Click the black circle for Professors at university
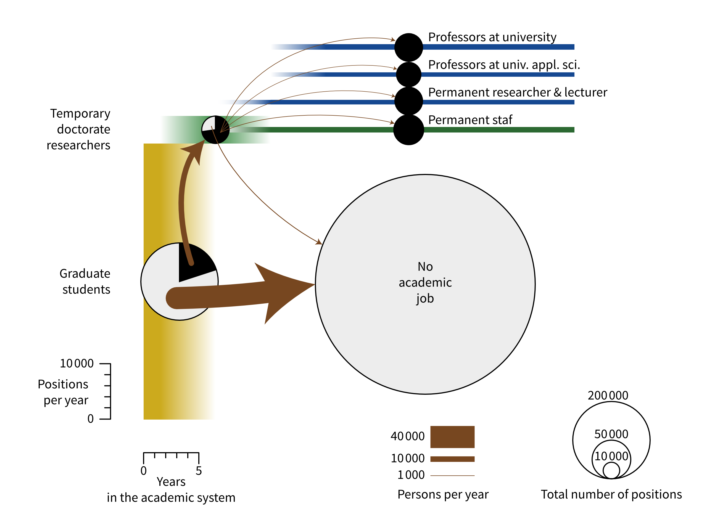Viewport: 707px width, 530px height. (408, 47)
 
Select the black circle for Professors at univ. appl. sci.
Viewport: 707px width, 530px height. (408, 75)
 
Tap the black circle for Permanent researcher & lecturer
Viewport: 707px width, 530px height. (408, 101)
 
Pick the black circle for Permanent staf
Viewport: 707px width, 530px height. (408, 130)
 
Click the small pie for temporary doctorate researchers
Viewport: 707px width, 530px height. (215, 130)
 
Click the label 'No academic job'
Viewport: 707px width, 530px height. (425, 282)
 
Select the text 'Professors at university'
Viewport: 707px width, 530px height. (492, 37)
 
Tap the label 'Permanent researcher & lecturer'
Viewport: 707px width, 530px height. (518, 92)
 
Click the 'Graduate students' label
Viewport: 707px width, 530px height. (85, 282)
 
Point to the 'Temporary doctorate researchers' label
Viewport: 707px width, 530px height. (79, 129)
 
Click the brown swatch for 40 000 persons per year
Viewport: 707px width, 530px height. (452, 437)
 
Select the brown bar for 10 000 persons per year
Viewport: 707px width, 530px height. (452, 459)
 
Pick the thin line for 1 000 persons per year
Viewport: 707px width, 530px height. (452, 476)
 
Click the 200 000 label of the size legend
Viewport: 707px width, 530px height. (608, 396)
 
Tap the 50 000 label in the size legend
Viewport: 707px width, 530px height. (611, 434)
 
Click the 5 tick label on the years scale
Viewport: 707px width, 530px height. (199, 471)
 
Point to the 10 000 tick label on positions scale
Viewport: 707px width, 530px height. (77, 364)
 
